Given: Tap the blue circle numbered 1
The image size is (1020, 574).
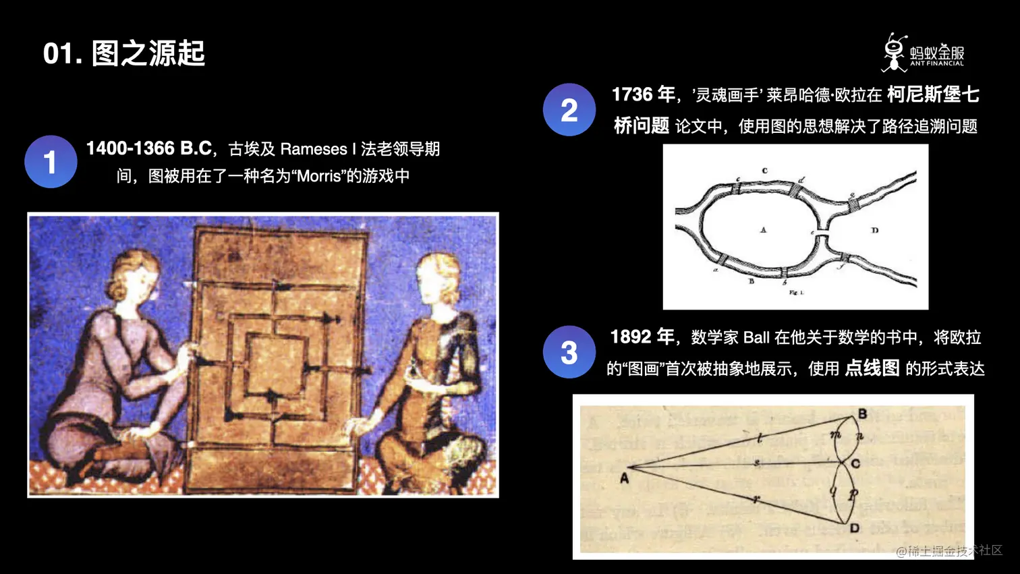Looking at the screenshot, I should click(51, 162).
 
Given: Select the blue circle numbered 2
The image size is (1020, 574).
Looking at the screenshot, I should click(569, 110).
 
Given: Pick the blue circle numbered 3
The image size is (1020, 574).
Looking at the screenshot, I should click(569, 352).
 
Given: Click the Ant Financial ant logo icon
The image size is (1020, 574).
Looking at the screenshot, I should click(895, 53).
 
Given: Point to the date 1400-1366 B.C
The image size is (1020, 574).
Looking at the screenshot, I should click(149, 148).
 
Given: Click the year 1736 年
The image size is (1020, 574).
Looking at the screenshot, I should click(643, 94).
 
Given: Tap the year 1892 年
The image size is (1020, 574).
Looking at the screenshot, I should click(642, 337).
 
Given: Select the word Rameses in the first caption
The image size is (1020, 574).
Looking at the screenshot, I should click(313, 149).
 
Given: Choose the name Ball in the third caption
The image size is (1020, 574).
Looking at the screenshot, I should click(756, 337).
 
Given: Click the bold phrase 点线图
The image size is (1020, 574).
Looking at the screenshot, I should click(872, 368).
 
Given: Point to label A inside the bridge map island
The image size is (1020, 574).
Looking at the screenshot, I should click(764, 230).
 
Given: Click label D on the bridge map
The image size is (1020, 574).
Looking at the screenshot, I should click(875, 231).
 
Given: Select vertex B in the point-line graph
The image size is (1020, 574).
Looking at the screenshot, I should click(863, 413).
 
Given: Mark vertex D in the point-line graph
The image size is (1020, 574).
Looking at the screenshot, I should click(855, 527).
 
